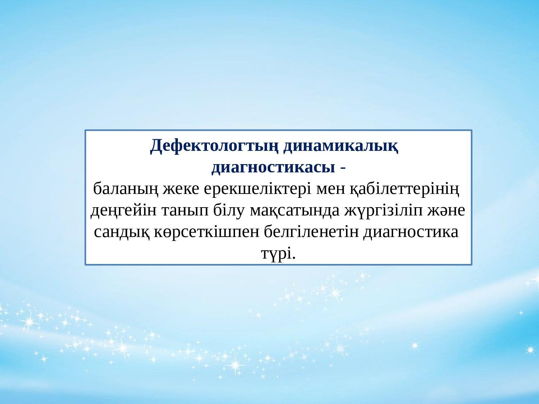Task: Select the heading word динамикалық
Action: (341, 147)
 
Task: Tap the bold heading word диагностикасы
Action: (273, 168)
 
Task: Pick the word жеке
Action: (181, 189)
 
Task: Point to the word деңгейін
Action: (124, 211)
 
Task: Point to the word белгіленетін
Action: (312, 231)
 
